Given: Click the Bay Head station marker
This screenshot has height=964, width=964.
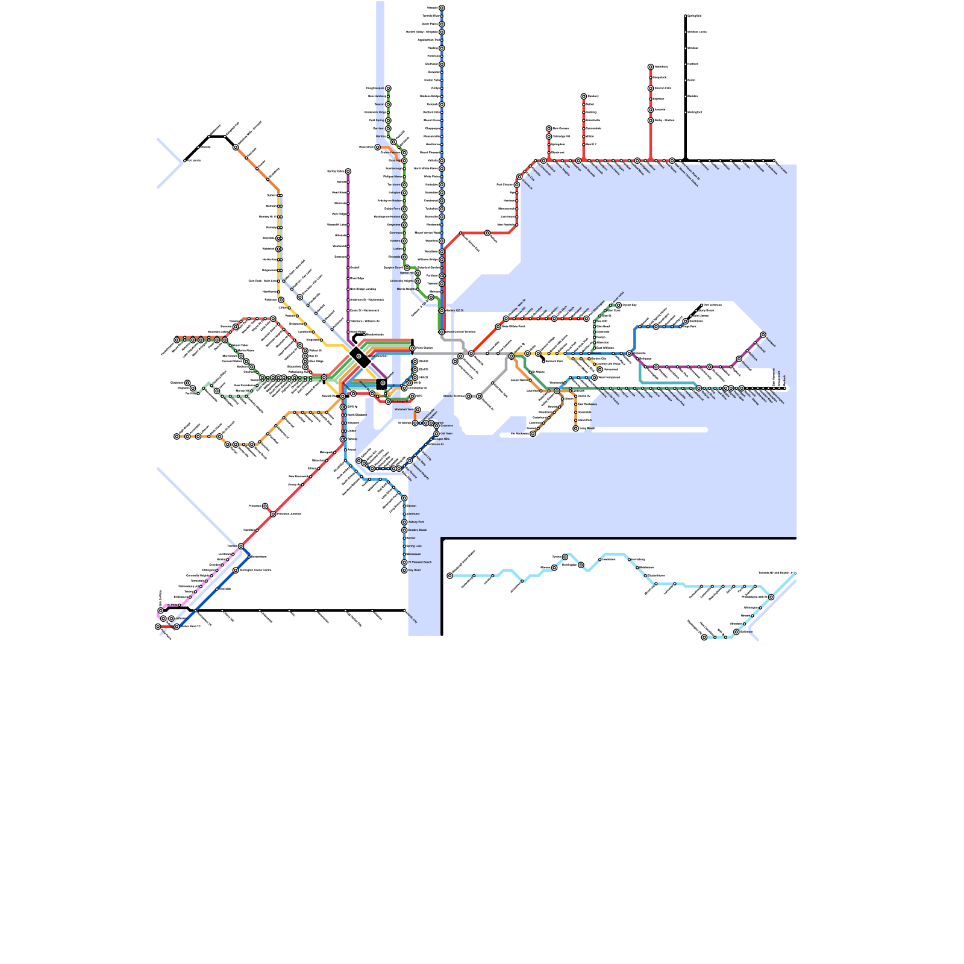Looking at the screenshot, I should pyautogui.click(x=404, y=570).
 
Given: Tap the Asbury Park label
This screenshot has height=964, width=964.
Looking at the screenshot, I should pyautogui.click(x=416, y=522).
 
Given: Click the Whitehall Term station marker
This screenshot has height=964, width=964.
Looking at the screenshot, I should pyautogui.click(x=418, y=410).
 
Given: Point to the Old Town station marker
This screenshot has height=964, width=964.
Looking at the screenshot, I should pyautogui.click(x=437, y=434).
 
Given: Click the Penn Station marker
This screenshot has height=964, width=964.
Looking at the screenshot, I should pyautogui.click(x=412, y=348).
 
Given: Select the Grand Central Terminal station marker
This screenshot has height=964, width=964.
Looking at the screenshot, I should pyautogui.click(x=442, y=332).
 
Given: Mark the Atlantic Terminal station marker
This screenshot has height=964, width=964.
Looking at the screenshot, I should pyautogui.click(x=468, y=396).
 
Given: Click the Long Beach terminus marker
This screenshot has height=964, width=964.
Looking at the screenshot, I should pyautogui.click(x=575, y=428).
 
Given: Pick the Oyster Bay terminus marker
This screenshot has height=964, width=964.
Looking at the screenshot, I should pyautogui.click(x=618, y=305).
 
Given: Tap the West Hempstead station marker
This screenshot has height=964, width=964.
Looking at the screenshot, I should pyautogui.click(x=595, y=378).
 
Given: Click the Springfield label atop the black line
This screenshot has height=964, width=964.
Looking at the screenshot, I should pyautogui.click(x=695, y=16).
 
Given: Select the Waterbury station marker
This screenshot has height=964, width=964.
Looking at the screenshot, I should pyautogui.click(x=651, y=67).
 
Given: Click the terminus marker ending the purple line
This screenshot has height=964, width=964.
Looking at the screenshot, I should pyautogui.click(x=763, y=335).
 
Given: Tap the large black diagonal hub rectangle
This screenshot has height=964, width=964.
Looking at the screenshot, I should pyautogui.click(x=360, y=357).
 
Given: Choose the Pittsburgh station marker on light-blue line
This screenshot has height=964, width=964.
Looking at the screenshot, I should pyautogui.click(x=450, y=576).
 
